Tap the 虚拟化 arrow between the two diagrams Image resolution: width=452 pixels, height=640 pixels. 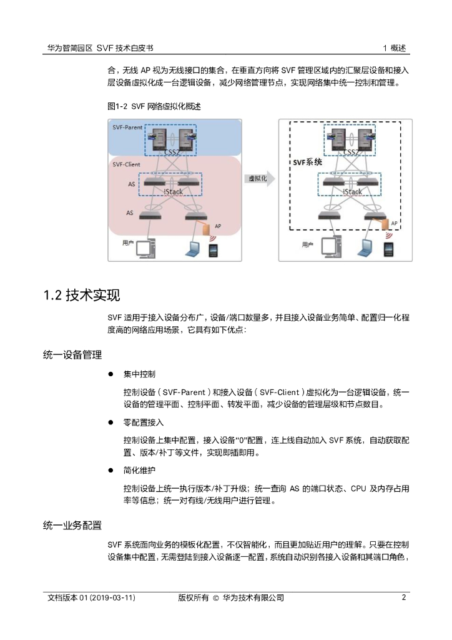point(258,179)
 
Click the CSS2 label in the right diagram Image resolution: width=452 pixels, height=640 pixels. point(351,152)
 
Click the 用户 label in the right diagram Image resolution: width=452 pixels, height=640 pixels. point(307,245)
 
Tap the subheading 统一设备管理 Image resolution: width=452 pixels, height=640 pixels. point(72,355)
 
